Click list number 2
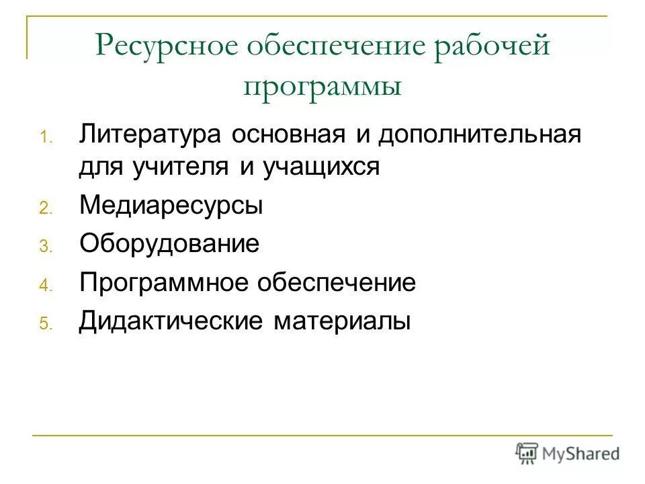(44, 209)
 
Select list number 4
(44, 286)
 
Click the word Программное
(164, 282)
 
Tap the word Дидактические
(171, 321)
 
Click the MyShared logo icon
(527, 453)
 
